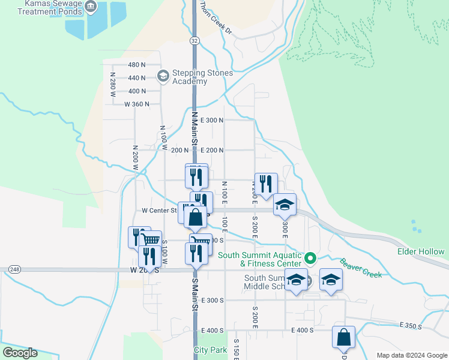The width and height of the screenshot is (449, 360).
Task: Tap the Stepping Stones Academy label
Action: pos(197,77)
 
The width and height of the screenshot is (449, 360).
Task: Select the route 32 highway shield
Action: pos(194,40)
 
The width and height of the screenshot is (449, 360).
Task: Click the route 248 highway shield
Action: pos(14,270)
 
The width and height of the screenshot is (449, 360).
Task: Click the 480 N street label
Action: pos(137,65)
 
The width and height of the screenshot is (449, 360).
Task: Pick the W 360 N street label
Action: pos(136,104)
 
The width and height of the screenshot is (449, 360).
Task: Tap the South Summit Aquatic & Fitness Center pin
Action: pos(310,259)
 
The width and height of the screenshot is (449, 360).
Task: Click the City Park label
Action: pos(211,350)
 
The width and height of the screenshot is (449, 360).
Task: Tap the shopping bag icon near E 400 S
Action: pos(343,337)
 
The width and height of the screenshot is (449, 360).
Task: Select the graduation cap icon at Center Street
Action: pos(285,205)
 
